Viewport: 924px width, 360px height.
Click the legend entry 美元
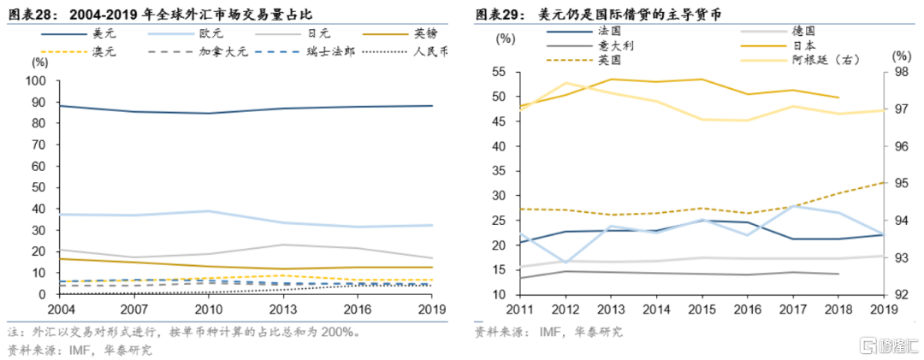104,33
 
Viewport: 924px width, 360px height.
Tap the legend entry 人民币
430,51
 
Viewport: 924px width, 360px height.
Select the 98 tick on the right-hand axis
898,72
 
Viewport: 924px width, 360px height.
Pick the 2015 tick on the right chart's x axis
702,306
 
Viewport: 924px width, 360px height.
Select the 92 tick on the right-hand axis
898,294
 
